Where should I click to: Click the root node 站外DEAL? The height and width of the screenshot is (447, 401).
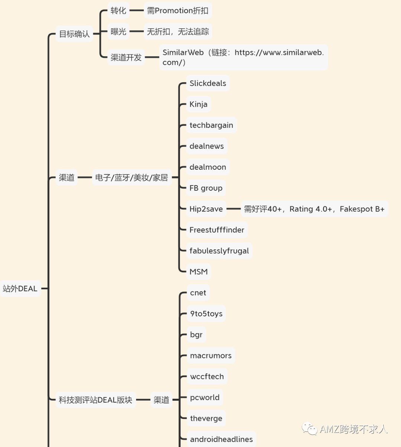20,288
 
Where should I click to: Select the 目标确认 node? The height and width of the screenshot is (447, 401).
74,34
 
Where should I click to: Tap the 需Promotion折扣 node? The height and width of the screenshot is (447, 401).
177,11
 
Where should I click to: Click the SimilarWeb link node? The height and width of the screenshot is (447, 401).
243,57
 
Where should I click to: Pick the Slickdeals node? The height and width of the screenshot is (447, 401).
208,83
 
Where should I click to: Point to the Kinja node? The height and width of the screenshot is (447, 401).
198,104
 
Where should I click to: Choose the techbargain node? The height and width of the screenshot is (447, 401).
211,125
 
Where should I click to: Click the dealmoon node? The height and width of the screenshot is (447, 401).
208,167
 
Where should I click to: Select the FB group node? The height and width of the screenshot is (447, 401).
206,188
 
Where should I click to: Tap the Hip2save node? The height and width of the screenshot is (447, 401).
206,209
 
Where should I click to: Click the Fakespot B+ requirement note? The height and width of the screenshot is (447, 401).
314,209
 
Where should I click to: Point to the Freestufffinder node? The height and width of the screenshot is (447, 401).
217,230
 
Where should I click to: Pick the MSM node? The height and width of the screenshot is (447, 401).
198,272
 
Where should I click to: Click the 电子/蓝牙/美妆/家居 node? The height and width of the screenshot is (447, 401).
131,177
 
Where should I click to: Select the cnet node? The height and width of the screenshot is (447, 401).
198,293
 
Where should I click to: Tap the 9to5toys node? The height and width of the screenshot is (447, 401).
206,314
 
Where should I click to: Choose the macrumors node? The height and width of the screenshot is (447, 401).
211,356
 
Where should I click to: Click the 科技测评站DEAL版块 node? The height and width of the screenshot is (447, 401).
95,400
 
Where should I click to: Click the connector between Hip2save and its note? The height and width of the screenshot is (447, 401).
234,209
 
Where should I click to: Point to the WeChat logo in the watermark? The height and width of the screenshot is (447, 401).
309,429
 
